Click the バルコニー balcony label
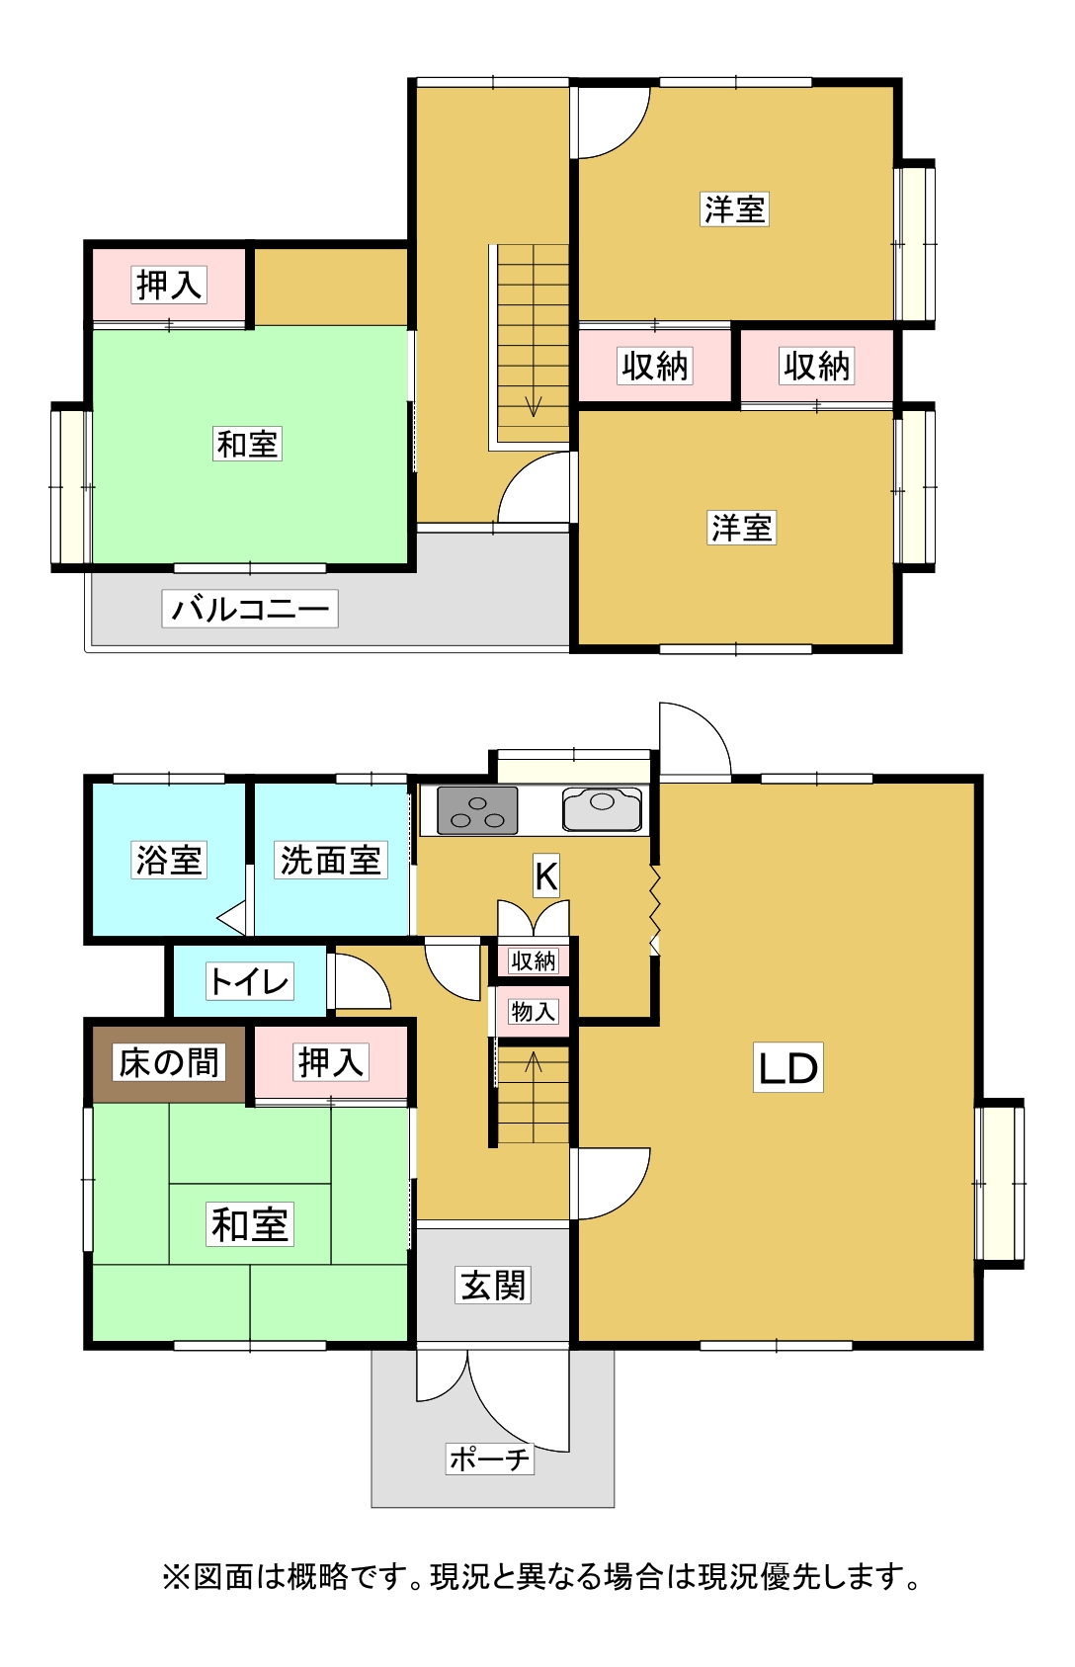point(250,609)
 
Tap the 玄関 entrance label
point(492,1286)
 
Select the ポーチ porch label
point(490,1459)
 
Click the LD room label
point(787,1067)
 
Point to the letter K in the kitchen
point(546,875)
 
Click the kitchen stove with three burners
point(477,810)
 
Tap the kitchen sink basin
point(602,809)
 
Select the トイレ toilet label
point(249,981)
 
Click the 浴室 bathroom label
point(168,861)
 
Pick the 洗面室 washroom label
point(330,861)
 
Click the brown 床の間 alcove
point(169,1064)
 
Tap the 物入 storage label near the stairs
point(533,1011)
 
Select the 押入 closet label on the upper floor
point(169,285)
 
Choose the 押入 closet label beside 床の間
point(330,1062)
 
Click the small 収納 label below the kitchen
point(533,960)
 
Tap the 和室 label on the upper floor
point(247,444)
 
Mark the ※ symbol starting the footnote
point(176,1577)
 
